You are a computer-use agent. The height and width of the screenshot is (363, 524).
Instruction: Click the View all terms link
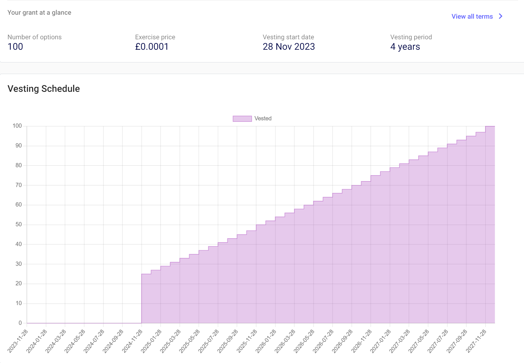click(x=472, y=16)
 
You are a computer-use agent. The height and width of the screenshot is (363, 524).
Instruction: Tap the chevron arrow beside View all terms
click(x=501, y=16)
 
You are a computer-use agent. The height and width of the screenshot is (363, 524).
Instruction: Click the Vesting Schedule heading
click(x=44, y=89)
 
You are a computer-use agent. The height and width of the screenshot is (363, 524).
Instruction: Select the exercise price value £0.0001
click(x=152, y=47)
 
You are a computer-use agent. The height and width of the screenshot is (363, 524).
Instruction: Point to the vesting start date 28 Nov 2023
click(x=289, y=47)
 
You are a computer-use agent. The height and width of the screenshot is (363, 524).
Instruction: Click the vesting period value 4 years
click(x=405, y=47)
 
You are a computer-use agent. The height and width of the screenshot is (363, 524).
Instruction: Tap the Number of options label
click(x=34, y=37)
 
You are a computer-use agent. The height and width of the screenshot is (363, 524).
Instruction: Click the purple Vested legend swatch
click(x=242, y=119)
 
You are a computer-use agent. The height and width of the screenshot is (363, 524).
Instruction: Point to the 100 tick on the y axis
click(x=17, y=126)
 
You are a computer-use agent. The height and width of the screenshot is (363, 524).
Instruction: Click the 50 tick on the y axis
click(x=19, y=225)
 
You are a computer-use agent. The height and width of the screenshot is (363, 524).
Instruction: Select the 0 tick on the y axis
click(x=20, y=323)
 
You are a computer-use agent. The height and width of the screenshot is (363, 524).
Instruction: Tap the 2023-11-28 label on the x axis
click(x=18, y=341)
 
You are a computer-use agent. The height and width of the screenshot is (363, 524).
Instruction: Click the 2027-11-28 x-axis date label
click(x=476, y=341)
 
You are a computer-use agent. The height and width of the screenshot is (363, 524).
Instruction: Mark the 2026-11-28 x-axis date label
click(x=361, y=341)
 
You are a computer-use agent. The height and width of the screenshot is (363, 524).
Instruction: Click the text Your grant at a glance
click(x=39, y=12)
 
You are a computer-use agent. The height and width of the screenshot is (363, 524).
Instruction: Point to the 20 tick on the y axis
click(x=19, y=284)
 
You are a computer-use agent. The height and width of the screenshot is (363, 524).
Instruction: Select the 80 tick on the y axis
click(x=19, y=166)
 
